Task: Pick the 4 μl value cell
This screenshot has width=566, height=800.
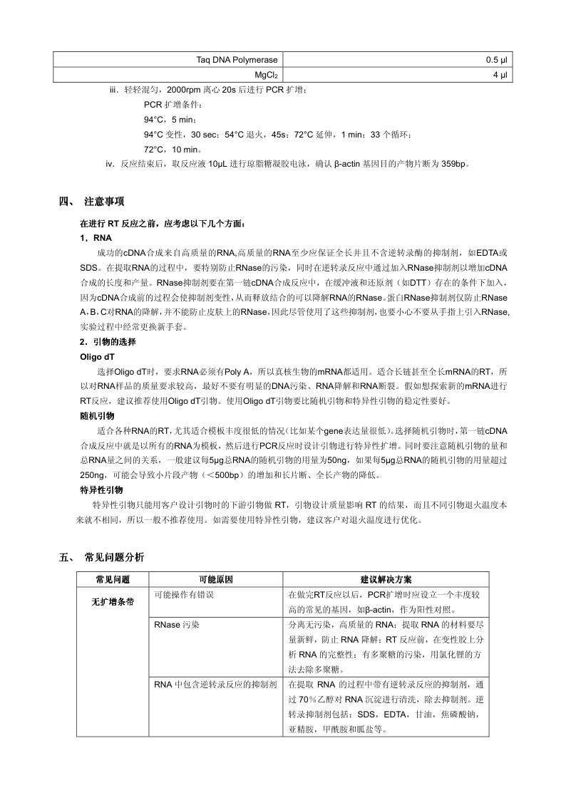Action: coord(500,74)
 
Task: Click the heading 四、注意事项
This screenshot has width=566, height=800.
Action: coord(104,202)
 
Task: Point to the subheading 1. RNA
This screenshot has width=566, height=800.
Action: coord(96,237)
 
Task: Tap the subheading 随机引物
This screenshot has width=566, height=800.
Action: coord(97,415)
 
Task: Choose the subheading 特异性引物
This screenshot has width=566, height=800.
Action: coord(101,489)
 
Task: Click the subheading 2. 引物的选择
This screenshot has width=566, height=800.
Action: coord(108,342)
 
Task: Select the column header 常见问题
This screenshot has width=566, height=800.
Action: coord(112,580)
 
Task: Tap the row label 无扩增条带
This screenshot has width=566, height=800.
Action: coord(112,602)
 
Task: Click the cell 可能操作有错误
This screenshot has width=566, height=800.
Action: coord(183,594)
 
